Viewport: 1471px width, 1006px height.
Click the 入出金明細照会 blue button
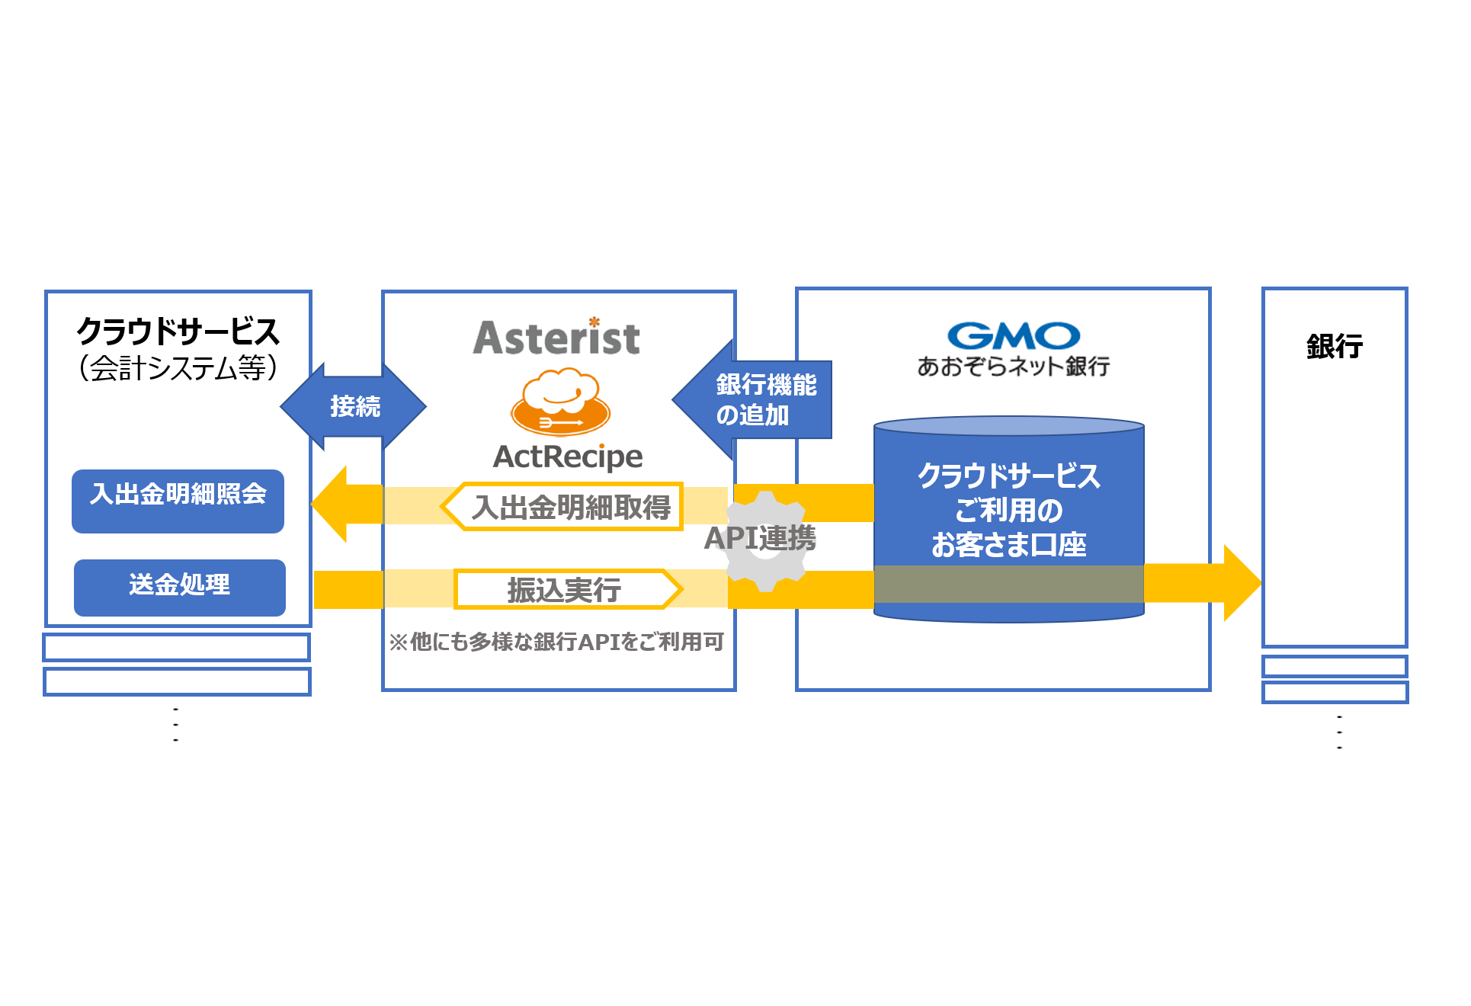pyautogui.click(x=178, y=501)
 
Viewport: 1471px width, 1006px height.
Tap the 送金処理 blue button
pyautogui.click(x=179, y=587)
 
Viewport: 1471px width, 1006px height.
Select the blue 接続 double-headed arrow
pyautogui.click(x=354, y=406)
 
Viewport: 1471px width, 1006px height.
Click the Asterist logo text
pyautogui.click(x=556, y=338)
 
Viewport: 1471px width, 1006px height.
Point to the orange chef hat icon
pyautogui.click(x=560, y=402)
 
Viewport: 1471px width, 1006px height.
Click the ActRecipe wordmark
pyautogui.click(x=568, y=457)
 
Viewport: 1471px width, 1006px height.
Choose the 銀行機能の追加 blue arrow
pyautogui.click(x=755, y=399)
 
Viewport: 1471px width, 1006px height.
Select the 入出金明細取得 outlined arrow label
pyautogui.click(x=568, y=507)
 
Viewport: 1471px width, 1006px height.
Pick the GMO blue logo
pyautogui.click(x=1013, y=335)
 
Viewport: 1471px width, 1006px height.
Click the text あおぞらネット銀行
pyautogui.click(x=1013, y=367)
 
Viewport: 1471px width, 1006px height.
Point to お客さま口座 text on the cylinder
pyautogui.click(x=1008, y=545)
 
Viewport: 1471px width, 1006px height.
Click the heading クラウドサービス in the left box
pyautogui.click(x=178, y=332)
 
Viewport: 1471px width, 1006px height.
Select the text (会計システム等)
pyautogui.click(x=178, y=368)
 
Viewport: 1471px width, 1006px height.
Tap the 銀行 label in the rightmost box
pyautogui.click(x=1334, y=346)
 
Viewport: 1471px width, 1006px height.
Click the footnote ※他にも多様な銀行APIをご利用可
pyautogui.click(x=556, y=642)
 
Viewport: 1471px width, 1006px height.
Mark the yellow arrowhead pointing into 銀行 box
pyautogui.click(x=1241, y=583)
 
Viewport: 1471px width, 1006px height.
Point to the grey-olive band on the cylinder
pyautogui.click(x=1008, y=584)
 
